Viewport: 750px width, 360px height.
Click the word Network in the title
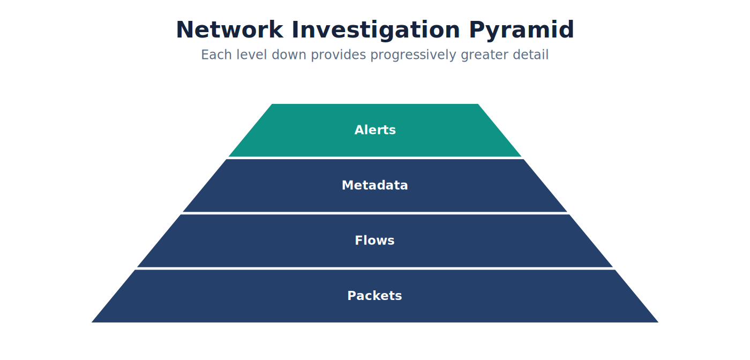pos(230,30)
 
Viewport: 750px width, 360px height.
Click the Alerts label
pos(375,130)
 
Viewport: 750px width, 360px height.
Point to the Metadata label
pos(374,185)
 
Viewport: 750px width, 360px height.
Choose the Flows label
pos(374,241)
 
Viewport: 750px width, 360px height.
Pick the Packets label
pos(374,296)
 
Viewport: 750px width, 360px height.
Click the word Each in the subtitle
pos(216,55)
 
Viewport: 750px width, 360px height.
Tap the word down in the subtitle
pos(289,55)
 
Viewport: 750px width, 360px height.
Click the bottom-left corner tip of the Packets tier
pos(92,322)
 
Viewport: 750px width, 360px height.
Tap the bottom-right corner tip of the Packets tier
pos(658,322)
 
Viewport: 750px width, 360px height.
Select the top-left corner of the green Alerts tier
pos(272,104)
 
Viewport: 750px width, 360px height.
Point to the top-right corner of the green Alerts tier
pos(478,104)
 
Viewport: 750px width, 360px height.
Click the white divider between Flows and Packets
pos(375,268)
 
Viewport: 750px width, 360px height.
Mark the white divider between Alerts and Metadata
pos(375,157)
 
